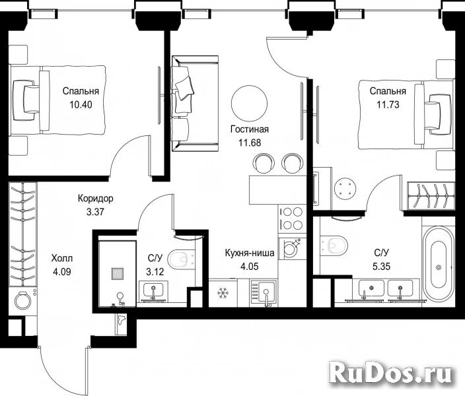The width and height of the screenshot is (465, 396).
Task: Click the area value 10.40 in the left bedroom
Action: tap(81, 105)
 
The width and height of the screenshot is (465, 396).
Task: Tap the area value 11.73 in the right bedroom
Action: tap(388, 105)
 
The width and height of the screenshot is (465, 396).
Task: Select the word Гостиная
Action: tap(250, 129)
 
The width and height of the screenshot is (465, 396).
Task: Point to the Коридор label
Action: tap(96, 198)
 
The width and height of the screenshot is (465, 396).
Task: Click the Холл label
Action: tap(61, 258)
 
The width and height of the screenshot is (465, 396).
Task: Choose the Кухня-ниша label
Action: tap(250, 253)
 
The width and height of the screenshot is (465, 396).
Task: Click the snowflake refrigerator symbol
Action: tap(222, 293)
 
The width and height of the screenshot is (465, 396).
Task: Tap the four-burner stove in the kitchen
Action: tap(291, 218)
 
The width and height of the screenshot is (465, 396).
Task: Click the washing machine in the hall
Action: tap(23, 300)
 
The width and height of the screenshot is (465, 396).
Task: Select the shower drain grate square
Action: tap(118, 274)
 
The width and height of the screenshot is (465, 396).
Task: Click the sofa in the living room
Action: tap(195, 104)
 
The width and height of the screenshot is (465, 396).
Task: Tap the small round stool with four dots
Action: tap(345, 187)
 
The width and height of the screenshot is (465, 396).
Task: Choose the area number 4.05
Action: tap(250, 267)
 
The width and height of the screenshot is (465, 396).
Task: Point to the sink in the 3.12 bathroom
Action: tap(153, 291)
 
